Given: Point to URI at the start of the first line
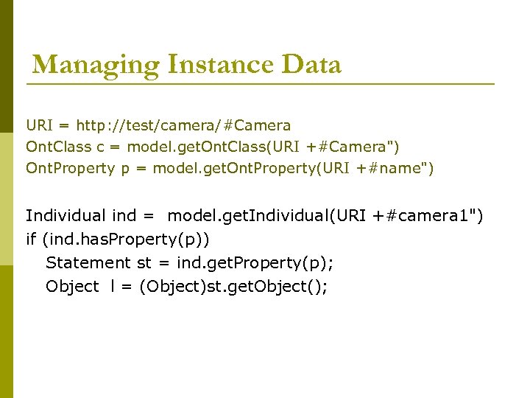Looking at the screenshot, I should pos(40,126).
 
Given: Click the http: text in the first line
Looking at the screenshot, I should pos(96,126).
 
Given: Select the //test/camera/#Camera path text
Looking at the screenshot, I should pos(205,126).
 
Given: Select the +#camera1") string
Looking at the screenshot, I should pos(429,216).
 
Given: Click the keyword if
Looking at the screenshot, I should pos(30,239).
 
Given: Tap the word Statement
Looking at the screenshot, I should pos(88,262).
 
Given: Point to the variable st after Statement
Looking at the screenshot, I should pos(144,262).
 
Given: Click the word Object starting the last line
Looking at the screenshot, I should pos(72,286).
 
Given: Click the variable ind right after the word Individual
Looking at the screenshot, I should pos(124,216).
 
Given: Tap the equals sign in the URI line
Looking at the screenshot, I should pos(64,126).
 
